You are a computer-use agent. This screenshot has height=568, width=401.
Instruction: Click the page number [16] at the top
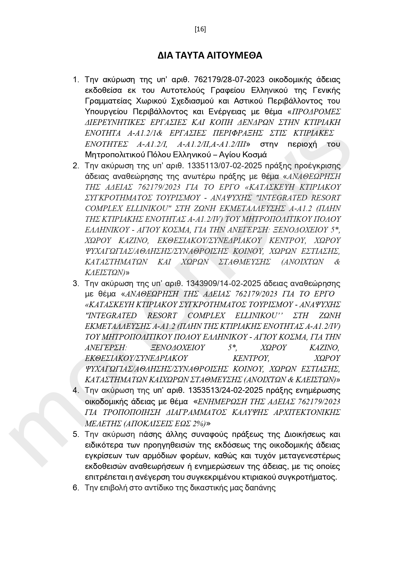point(200,29)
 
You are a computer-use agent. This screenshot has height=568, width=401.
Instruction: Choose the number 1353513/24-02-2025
point(223,390)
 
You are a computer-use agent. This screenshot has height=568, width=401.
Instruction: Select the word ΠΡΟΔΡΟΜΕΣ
point(316,112)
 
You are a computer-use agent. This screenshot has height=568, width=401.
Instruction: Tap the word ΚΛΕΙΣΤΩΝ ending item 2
point(104,272)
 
